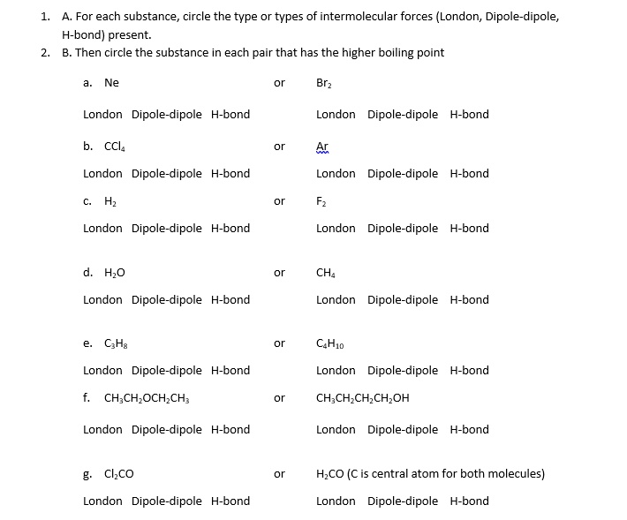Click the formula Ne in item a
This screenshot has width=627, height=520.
111,82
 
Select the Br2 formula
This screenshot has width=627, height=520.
324,83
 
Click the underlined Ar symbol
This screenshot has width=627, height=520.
322,146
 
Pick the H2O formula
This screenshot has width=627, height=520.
115,272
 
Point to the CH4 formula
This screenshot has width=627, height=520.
325,272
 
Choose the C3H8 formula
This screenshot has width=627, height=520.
116,343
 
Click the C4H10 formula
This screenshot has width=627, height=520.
328,343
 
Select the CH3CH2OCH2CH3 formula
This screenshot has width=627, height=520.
147,398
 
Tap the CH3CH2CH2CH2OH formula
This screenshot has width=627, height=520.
362,398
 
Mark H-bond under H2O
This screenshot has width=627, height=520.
230,299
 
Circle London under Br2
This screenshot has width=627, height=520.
336,114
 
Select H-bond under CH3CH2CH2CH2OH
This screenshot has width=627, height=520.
469,429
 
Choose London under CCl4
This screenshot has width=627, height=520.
102,173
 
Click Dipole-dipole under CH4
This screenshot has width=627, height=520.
403,299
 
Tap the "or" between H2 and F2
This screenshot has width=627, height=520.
279,201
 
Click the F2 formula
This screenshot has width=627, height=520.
321,201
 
